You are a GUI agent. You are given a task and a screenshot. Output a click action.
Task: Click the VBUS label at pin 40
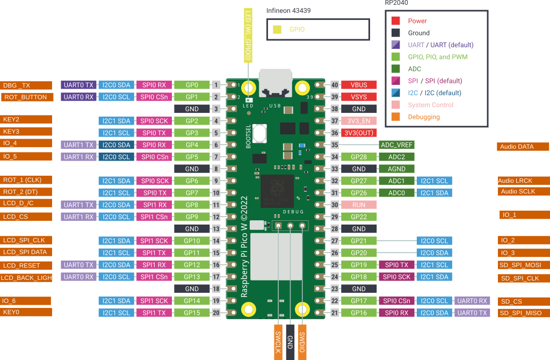point(359,85)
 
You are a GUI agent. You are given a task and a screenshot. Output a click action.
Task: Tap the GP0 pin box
point(192,85)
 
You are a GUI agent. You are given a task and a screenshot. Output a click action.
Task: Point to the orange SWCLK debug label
point(278,341)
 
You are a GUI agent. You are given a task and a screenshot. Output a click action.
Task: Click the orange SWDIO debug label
point(302,341)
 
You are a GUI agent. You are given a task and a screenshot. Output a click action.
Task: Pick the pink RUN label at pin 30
point(359,205)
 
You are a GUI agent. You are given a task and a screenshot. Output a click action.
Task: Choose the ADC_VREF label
point(396,145)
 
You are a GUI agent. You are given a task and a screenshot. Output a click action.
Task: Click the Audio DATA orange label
point(523,147)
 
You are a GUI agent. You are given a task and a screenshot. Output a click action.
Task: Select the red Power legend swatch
point(395,21)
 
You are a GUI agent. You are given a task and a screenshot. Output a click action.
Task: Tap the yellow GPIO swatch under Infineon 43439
point(277,30)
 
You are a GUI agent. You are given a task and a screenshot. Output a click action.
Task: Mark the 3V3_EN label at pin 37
point(359,121)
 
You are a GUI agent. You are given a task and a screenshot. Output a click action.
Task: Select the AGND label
point(396,169)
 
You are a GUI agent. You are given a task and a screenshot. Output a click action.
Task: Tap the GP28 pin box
point(359,157)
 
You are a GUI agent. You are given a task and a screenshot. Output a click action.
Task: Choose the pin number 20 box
point(216,313)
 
